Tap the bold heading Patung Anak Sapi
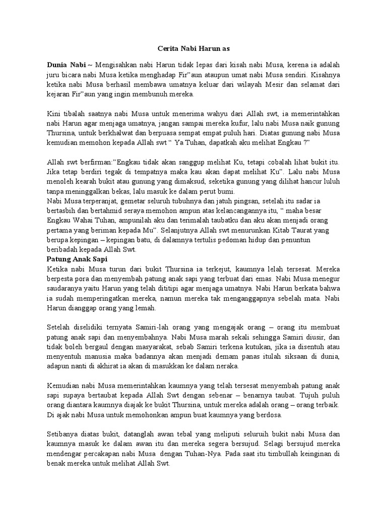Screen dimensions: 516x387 point(74,259)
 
